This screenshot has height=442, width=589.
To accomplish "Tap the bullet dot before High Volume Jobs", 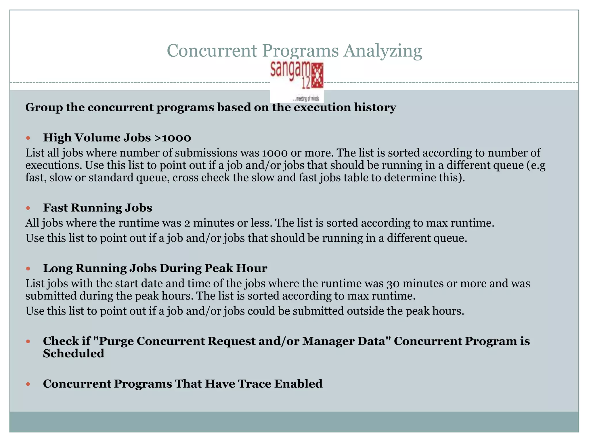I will [28, 138].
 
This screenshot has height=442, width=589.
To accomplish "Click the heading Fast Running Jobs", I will [97, 208].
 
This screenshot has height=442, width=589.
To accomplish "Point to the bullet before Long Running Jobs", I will [28, 269].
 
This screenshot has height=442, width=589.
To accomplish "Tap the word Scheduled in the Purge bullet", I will [74, 354].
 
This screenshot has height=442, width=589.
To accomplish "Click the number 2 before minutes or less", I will [187, 223].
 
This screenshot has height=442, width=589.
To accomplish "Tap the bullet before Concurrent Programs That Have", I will [28, 384].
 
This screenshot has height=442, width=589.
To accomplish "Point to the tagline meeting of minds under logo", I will [305, 99].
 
